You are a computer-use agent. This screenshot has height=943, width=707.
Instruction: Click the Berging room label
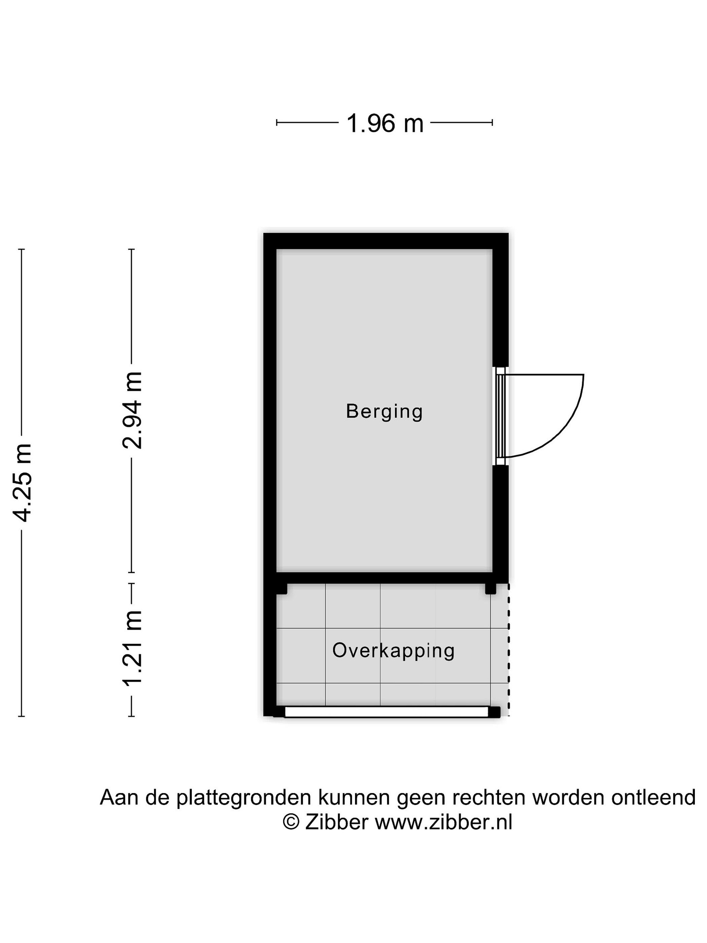tap(384, 412)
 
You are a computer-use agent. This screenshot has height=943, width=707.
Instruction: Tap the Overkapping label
tap(393, 651)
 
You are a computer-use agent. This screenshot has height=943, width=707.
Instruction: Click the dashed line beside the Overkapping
tap(508, 650)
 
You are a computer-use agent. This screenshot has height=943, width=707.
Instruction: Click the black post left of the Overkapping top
tap(281, 589)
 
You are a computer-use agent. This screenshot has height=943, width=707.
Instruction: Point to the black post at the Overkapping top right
tap(491, 589)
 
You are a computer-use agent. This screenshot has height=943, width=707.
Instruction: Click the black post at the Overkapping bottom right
tap(494, 712)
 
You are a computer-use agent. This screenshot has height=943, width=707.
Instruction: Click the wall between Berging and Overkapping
tap(384, 578)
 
